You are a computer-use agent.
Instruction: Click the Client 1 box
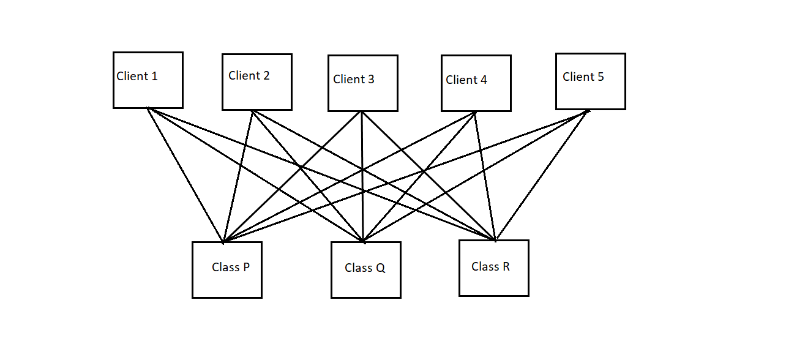(148, 80)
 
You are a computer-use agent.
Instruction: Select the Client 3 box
(362, 83)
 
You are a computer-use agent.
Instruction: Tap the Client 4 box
(476, 83)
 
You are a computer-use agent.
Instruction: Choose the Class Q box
(365, 270)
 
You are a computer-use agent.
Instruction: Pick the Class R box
(493, 268)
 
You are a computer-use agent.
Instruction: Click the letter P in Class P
(246, 268)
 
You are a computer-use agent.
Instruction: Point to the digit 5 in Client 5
(600, 77)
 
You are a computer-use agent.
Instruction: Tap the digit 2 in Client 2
(266, 76)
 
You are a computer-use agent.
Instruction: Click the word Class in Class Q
(358, 268)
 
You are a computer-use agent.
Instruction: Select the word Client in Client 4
(462, 80)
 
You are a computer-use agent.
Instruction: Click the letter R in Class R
(506, 266)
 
